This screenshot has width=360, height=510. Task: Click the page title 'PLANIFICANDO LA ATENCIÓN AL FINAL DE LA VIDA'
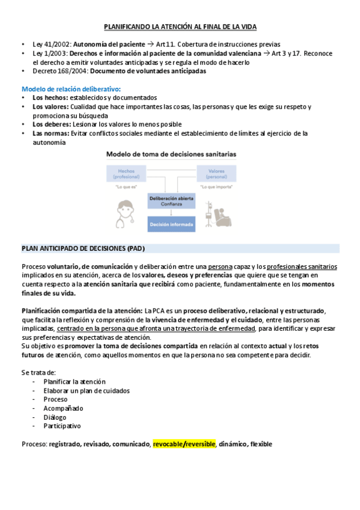pyautogui.click(x=180, y=28)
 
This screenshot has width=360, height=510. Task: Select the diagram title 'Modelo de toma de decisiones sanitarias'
pyautogui.click(x=171, y=155)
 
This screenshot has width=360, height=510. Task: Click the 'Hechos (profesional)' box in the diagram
pyautogui.click(x=126, y=173)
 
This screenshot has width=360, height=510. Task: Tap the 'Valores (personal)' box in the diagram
pyautogui.click(x=217, y=173)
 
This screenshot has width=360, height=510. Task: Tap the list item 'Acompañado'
pyautogui.click(x=63, y=408)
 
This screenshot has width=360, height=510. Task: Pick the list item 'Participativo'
pyautogui.click(x=62, y=426)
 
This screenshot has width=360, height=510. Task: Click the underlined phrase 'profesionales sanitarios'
pyautogui.click(x=302, y=266)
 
